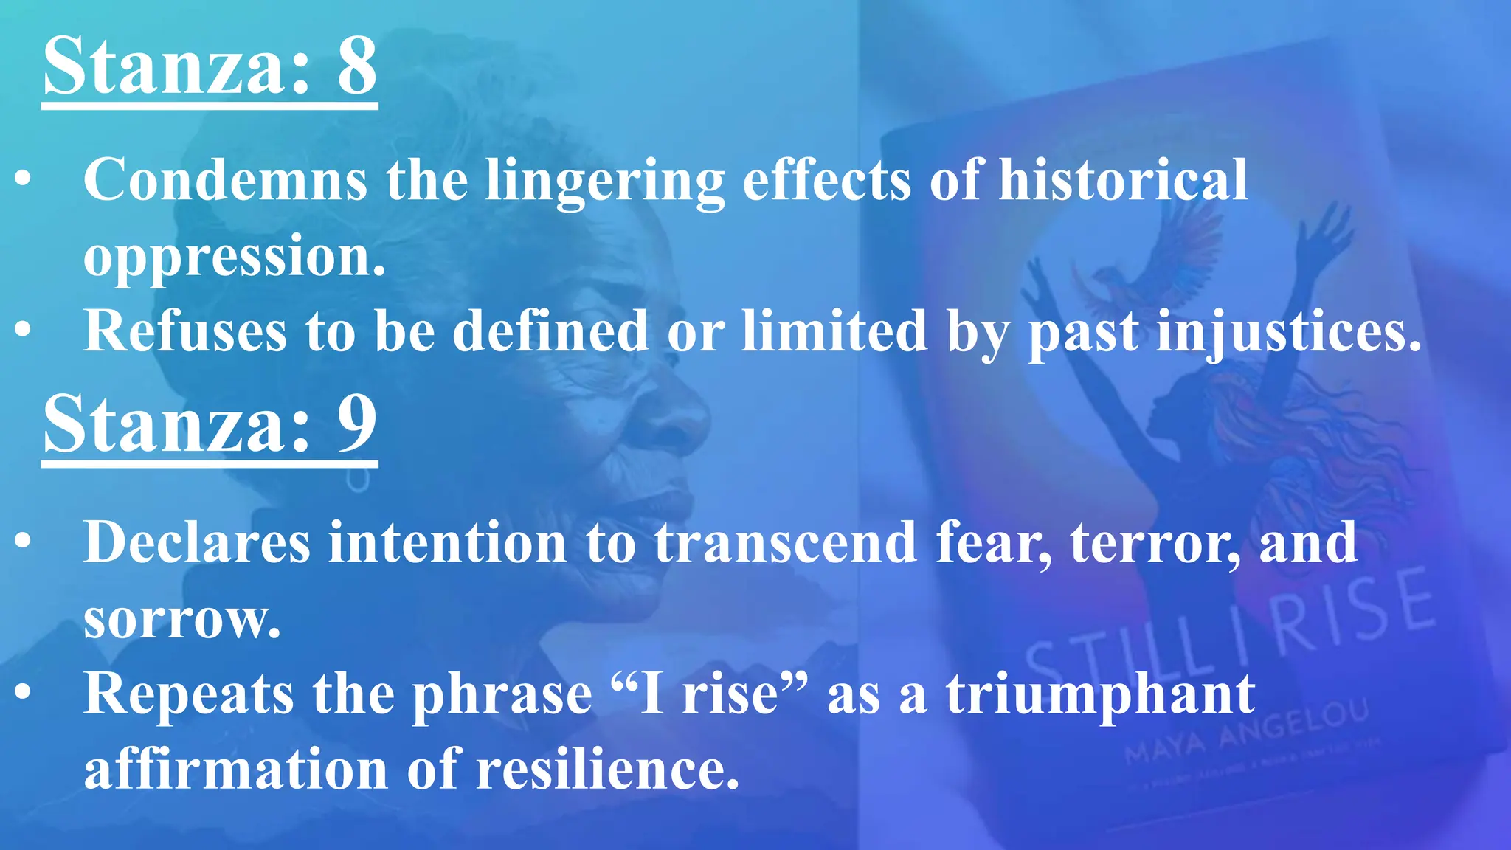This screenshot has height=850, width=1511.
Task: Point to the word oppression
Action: point(235,257)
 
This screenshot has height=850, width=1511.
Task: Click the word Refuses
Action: point(185,331)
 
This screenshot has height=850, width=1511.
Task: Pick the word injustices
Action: point(1288,331)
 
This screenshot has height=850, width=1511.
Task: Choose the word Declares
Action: point(197,542)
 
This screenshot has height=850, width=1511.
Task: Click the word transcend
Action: point(786,542)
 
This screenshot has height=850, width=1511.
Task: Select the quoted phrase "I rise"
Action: point(710,694)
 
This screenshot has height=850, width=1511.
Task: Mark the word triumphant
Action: point(1100,694)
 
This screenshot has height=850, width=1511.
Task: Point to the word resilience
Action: point(607,769)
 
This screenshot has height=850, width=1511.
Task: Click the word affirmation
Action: point(236,769)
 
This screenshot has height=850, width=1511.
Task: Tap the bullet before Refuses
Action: point(24,331)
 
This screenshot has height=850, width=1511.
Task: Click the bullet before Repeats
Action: point(24,694)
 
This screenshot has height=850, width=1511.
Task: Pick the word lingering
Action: point(605,181)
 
